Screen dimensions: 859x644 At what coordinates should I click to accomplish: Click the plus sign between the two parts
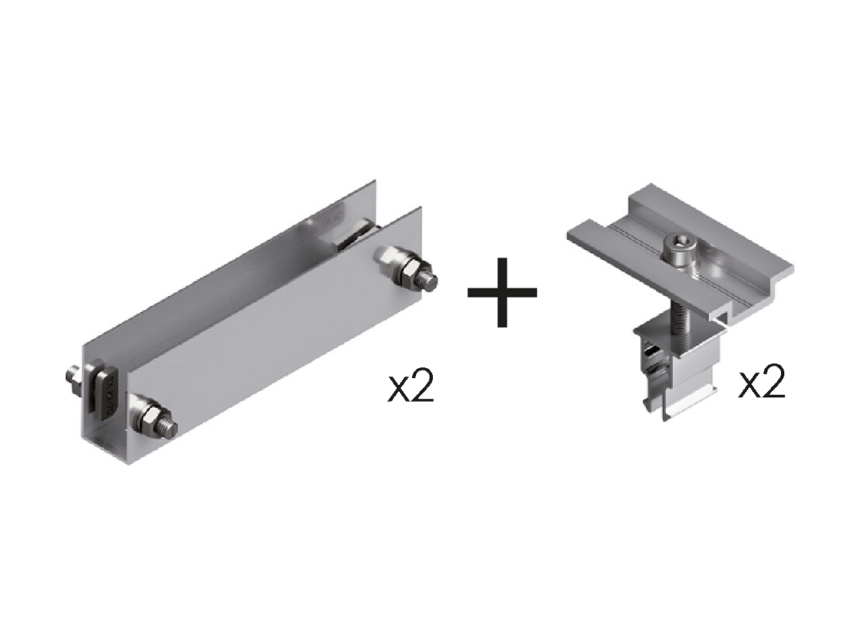tap(502, 293)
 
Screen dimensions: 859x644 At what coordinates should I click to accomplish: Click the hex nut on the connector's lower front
tap(149, 419)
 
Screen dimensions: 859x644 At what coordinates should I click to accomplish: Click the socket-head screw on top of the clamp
tap(678, 249)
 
